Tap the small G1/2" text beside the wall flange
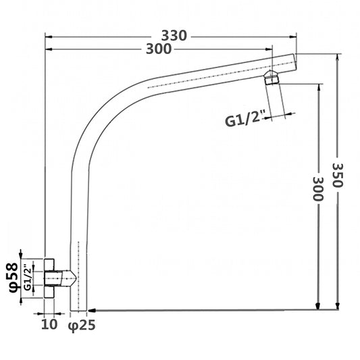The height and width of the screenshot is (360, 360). pos(27,278)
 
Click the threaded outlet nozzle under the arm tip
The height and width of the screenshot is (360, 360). pos(273,78)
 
